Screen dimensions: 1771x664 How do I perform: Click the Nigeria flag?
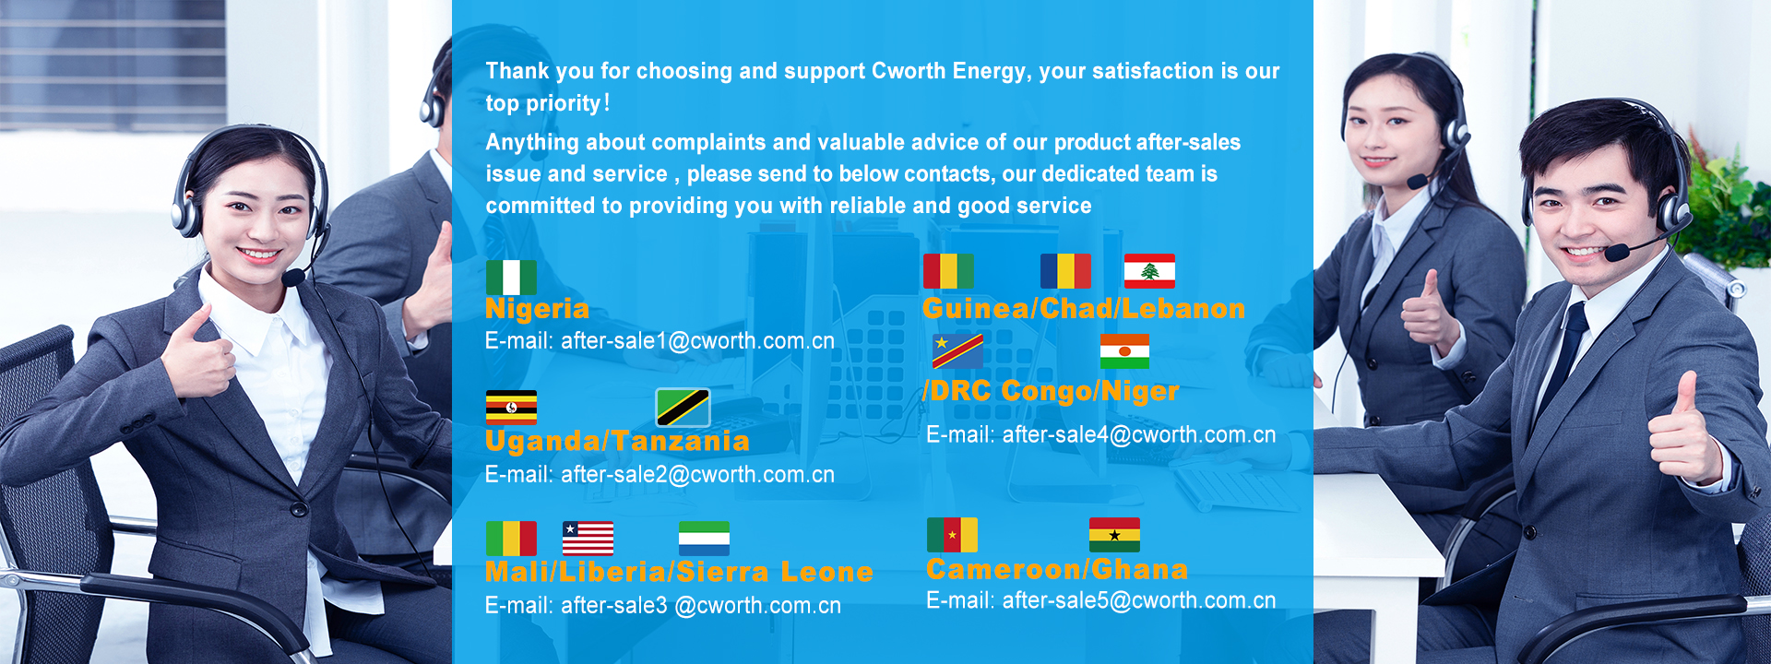[511, 277]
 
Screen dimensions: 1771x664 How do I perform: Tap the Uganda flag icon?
[511, 408]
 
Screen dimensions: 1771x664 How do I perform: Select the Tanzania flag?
[683, 408]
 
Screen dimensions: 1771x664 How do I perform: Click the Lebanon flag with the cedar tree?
[1149, 271]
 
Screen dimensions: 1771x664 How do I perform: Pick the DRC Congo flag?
[957, 351]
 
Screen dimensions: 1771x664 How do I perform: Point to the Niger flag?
[1124, 351]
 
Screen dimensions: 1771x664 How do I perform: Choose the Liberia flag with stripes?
[588, 539]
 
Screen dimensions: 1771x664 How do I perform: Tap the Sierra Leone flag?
[704, 539]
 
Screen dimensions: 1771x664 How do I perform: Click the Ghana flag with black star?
[1114, 535]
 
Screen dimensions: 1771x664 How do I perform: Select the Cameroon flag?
[952, 535]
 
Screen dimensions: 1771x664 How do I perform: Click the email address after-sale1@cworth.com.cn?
[697, 341]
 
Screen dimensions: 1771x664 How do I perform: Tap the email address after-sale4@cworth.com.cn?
[1139, 434]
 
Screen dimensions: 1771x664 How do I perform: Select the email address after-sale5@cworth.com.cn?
[1139, 600]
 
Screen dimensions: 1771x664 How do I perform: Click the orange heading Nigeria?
[537, 309]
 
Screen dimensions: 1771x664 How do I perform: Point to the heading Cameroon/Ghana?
[1057, 569]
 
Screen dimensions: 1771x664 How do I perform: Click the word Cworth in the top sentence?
[909, 71]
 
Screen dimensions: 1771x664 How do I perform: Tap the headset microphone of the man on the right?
[1616, 252]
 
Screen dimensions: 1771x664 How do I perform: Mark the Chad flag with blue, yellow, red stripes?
[1065, 271]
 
